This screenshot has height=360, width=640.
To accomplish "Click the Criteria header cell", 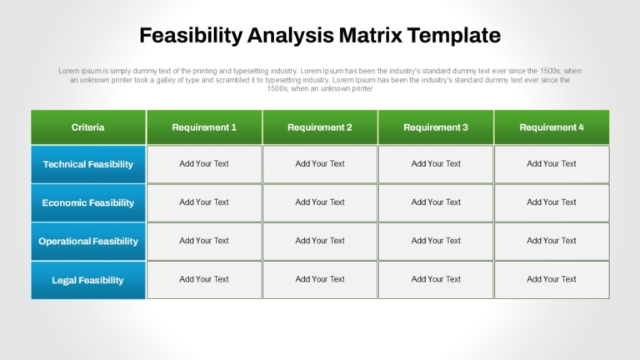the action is coord(88,127).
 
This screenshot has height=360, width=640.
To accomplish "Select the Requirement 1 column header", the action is coord(204,127).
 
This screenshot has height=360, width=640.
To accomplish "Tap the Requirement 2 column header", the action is coord(320,127).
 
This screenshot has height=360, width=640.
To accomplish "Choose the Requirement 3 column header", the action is coord(436,127).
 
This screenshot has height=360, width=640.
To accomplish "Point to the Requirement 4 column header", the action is coord(552,127).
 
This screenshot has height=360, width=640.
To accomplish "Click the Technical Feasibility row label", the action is coord(88,164).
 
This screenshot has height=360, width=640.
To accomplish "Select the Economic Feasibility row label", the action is coord(88,202).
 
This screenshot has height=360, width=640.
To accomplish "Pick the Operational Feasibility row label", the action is coord(88,241).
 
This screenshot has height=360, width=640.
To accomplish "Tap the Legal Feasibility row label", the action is coord(88,280).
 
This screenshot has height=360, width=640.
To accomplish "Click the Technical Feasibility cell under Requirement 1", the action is coord(204,164).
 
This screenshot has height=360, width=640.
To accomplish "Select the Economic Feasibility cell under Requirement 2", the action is coord(320,202).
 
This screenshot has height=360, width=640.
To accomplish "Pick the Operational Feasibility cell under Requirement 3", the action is coord(436,241).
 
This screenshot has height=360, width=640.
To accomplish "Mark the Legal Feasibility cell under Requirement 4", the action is coord(552,280).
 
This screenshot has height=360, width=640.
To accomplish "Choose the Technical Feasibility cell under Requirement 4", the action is coord(552,164).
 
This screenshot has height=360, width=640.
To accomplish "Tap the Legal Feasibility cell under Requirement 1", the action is coord(204,280).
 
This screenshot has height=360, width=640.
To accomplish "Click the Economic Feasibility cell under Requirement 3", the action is coord(436,202).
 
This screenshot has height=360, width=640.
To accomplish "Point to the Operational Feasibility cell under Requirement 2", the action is coord(320,241).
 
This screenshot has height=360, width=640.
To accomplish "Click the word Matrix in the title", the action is coord(371,35).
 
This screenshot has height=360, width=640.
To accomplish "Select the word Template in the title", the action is coord(454,36).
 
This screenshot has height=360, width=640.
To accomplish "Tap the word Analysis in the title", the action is coord(290,36).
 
